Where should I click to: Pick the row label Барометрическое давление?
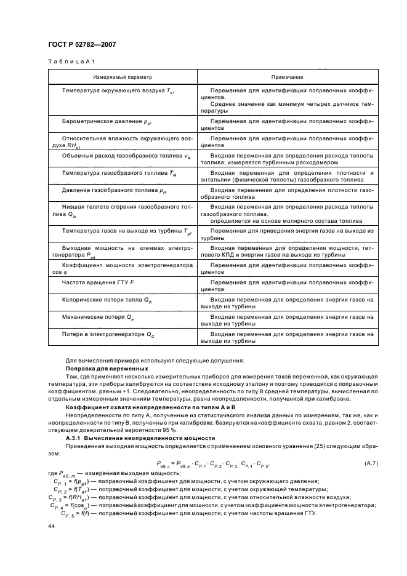pos(107,122)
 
